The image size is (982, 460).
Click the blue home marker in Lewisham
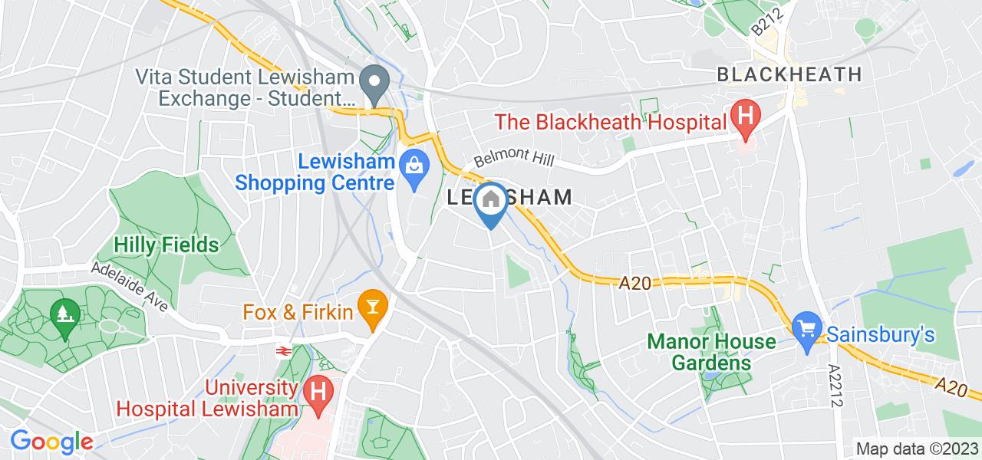point(490,201)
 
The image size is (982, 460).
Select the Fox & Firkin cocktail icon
point(374,311)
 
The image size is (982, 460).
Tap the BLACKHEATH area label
point(789,74)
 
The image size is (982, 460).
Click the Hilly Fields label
point(166,245)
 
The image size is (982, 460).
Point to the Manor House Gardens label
point(711,351)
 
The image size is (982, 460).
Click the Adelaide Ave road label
point(130,286)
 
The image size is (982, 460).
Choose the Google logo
point(51,442)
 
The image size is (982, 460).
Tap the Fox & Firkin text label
point(298,312)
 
